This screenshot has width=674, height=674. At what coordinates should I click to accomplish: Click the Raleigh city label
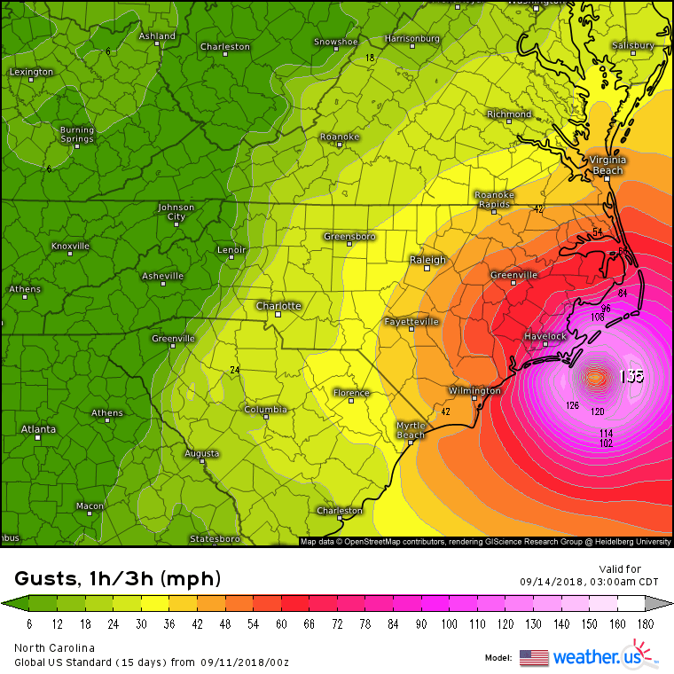[427, 260]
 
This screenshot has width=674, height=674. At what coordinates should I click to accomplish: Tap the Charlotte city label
[278, 306]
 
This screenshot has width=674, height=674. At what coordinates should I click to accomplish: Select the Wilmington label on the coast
[474, 390]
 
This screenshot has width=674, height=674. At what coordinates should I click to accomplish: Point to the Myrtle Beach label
[411, 430]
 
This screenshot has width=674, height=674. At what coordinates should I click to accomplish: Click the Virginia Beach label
[607, 165]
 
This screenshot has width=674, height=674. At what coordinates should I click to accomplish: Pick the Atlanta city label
[38, 429]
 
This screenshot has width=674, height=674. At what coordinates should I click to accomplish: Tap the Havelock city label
[545, 337]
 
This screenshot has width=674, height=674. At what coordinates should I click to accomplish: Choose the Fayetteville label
[411, 321]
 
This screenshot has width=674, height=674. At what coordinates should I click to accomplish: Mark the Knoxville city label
[71, 246]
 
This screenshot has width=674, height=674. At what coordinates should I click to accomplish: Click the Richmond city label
[509, 114]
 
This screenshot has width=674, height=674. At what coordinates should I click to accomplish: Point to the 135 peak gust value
[631, 376]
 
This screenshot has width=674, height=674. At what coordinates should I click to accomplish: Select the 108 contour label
[597, 317]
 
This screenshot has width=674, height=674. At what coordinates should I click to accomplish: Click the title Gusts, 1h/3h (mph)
[118, 579]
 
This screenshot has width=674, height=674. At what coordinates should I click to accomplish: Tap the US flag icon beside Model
[534, 657]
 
